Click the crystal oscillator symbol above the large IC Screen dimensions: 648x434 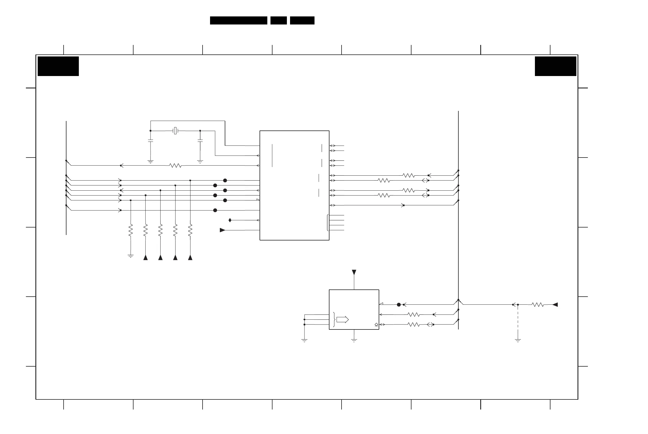pos(175,131)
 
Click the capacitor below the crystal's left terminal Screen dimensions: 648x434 pos(150,141)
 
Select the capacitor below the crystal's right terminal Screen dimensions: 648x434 pos(200,141)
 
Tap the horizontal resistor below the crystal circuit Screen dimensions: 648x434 pos(175,166)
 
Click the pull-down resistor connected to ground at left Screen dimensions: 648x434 pos(131,230)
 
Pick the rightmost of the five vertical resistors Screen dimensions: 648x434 pos(190,230)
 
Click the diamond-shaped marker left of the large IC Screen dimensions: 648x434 pos(230,220)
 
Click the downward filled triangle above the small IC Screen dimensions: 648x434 pos(354,272)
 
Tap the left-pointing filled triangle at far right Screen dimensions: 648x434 pos(555,305)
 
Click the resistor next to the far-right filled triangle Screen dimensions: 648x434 pos(538,305)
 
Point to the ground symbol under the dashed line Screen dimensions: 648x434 pos(518,341)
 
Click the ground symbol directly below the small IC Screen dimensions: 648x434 pos(354,341)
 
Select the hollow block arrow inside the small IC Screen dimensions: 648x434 pos(342,320)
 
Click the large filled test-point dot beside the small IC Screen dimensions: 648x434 pos(399,305)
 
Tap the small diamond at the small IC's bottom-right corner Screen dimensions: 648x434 pos(376,325)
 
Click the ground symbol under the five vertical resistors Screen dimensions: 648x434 pos(131,256)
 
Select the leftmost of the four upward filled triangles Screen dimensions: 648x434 pos(146,257)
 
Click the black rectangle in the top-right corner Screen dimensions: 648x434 pos(555,66)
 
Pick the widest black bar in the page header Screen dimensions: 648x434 pos(239,20)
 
